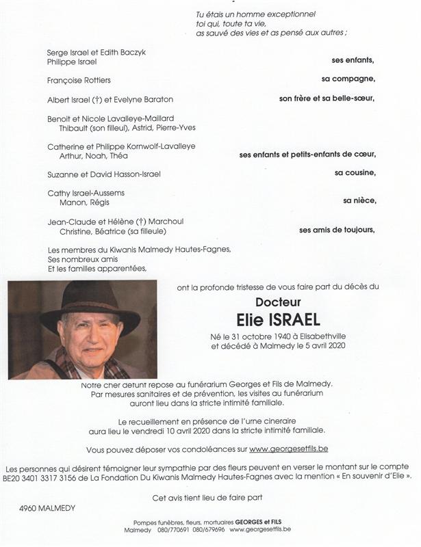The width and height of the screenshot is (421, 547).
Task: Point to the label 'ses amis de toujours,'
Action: point(337,230)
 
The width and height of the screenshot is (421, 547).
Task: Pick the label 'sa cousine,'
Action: point(355,173)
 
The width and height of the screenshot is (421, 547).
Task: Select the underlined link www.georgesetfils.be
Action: point(288,449)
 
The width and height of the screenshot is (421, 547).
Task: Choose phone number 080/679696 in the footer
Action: point(207,530)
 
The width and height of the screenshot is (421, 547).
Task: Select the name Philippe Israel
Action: point(73,62)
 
